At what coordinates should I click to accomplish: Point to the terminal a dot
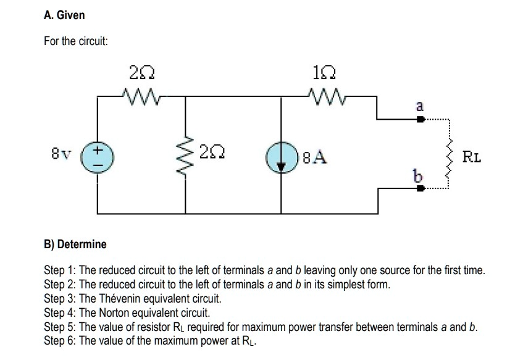(420, 120)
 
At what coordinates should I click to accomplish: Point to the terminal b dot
(420, 189)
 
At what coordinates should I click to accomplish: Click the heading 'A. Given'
(64, 14)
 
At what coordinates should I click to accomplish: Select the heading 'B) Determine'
(75, 244)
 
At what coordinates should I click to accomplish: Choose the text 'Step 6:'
(60, 340)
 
